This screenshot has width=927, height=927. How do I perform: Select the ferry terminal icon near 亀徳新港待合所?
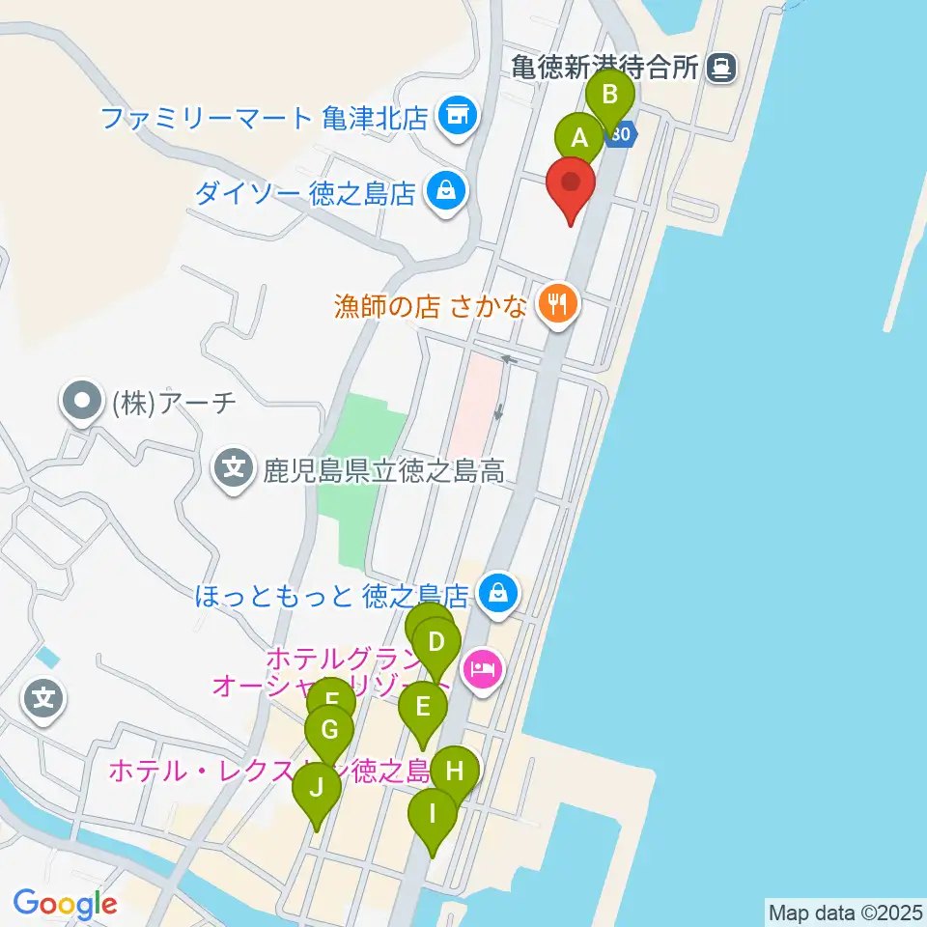(720, 67)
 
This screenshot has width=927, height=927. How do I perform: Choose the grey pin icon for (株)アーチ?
(82, 402)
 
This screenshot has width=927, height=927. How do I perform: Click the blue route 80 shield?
(621, 135)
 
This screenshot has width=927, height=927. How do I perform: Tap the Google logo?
(65, 904)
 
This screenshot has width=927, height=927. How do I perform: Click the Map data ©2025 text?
(843, 911)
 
